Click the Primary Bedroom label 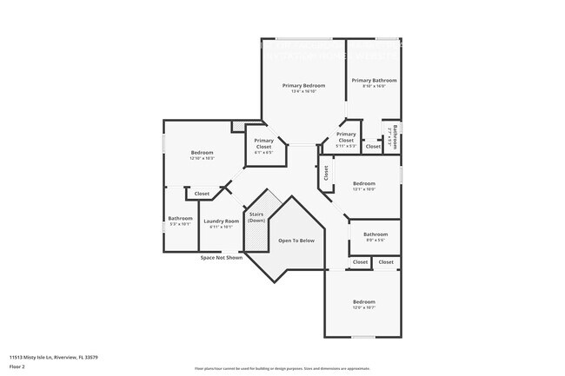303,85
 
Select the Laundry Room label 221,221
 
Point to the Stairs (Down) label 256,217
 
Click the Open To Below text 296,240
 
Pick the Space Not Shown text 220,258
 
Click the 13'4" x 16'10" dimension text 303,91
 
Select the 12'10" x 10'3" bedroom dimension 203,159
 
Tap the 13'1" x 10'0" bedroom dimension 364,188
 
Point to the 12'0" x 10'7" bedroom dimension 363,307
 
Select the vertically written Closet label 326,174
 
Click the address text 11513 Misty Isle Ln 53,357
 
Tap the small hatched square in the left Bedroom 238,127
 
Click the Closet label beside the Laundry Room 202,194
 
